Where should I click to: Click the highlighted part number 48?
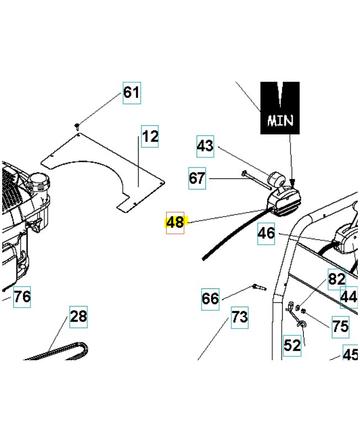click(x=175, y=223)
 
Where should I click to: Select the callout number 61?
click(x=131, y=92)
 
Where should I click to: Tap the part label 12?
click(x=150, y=136)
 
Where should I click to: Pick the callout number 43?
click(x=205, y=146)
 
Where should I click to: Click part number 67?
click(x=197, y=178)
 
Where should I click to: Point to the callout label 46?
click(x=266, y=233)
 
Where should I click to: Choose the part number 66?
click(x=210, y=299)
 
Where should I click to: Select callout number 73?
click(x=239, y=318)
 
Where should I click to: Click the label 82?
click(x=336, y=279)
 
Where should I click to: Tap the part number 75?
click(x=340, y=326)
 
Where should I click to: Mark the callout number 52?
click(x=292, y=345)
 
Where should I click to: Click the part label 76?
click(x=22, y=297)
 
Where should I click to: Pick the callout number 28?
click(x=78, y=317)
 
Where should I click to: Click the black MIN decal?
click(x=280, y=108)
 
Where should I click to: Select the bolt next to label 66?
click(x=258, y=287)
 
